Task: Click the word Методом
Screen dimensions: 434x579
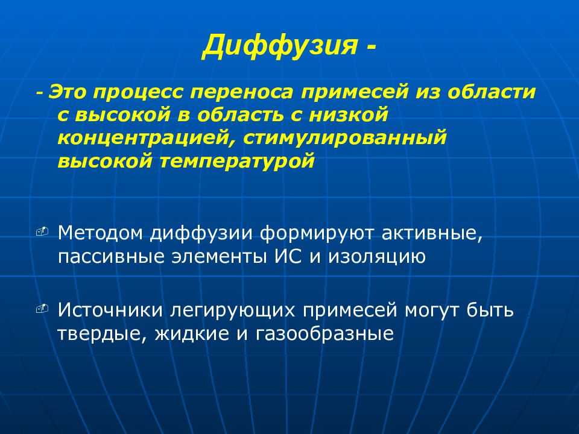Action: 101,233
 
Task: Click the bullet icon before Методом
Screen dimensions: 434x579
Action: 42,231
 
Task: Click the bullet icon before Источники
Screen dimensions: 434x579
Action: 42,309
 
